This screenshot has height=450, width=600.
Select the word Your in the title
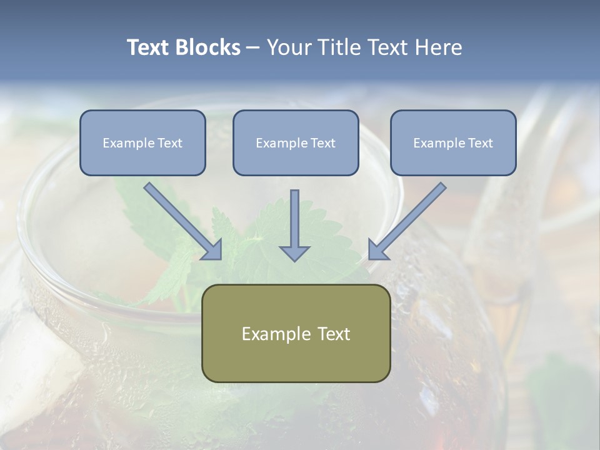point(287,47)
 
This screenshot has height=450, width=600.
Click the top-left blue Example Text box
point(142,142)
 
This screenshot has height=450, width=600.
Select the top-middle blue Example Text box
point(296,142)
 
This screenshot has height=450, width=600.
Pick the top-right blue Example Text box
point(453,142)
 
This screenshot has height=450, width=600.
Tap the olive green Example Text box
point(296,333)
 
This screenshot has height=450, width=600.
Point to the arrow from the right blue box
point(409,219)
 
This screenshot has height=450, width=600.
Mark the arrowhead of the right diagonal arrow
point(377,250)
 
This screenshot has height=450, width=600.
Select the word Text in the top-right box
point(480,143)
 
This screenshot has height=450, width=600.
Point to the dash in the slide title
point(253,48)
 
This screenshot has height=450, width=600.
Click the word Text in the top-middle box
point(322,143)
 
